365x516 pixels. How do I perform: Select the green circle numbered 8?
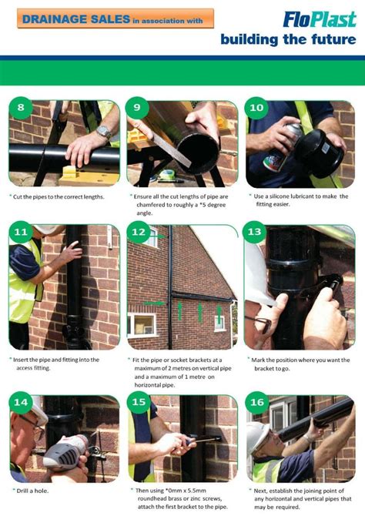click(x=20, y=108)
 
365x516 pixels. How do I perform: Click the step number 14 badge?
click(x=20, y=403)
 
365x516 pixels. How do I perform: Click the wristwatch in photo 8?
click(x=102, y=132)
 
